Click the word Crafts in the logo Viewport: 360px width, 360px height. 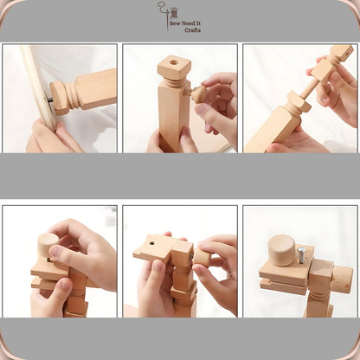(192, 30)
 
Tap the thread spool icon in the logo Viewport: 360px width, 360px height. (174, 13)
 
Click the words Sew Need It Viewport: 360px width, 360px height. (185, 23)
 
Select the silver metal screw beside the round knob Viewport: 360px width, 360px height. (301, 254)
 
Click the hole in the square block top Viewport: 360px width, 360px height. (174, 62)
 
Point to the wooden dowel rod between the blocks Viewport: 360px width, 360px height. (310, 89)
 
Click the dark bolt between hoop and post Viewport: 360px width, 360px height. (49, 100)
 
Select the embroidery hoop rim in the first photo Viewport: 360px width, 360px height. (37, 86)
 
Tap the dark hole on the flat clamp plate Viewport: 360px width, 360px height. (151, 244)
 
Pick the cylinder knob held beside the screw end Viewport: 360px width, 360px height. (202, 256)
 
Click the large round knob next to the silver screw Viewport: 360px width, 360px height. (281, 250)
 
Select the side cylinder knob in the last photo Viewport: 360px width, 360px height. (342, 279)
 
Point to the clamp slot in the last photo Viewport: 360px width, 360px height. (283, 280)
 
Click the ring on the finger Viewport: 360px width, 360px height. (229, 274)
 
